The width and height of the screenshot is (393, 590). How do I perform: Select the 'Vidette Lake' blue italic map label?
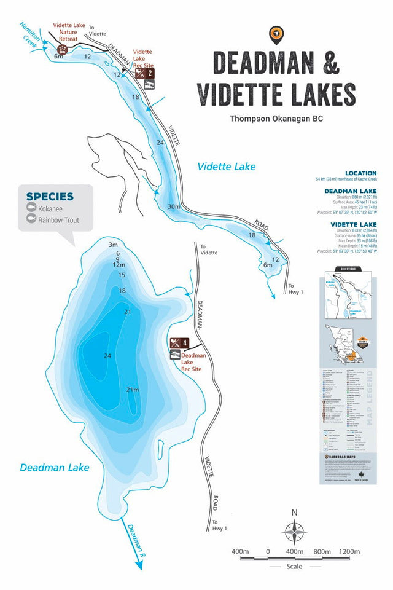pyautogui.click(x=226, y=166)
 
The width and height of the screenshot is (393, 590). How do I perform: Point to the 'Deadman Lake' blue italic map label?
pyautogui.click(x=54, y=468)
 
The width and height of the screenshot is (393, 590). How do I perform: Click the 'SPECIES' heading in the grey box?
pyautogui.click(x=50, y=197)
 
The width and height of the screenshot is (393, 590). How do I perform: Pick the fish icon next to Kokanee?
pyautogui.click(x=31, y=208)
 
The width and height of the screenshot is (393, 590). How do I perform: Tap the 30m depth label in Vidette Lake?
pyautogui.click(x=174, y=206)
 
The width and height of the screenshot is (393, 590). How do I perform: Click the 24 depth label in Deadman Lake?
pyautogui.click(x=108, y=356)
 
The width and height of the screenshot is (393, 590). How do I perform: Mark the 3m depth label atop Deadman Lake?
pyautogui.click(x=113, y=245)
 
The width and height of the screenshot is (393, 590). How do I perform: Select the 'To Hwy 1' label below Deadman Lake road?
pyautogui.click(x=220, y=525)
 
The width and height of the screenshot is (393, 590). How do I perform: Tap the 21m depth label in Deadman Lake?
pyautogui.click(x=132, y=390)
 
